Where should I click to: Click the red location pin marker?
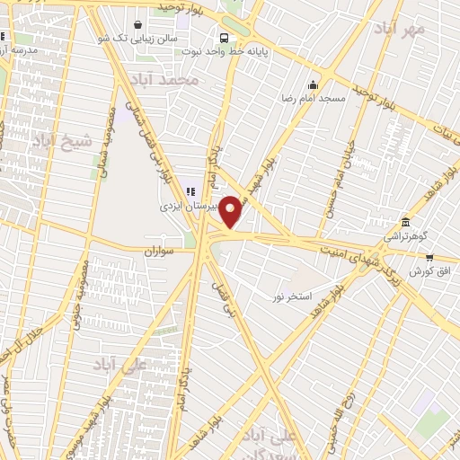click(232, 211)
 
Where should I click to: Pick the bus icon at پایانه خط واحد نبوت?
click(224, 39)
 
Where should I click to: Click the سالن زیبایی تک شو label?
click(136, 40)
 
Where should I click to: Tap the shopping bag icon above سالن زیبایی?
click(136, 25)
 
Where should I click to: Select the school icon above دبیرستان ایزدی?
click(189, 190)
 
